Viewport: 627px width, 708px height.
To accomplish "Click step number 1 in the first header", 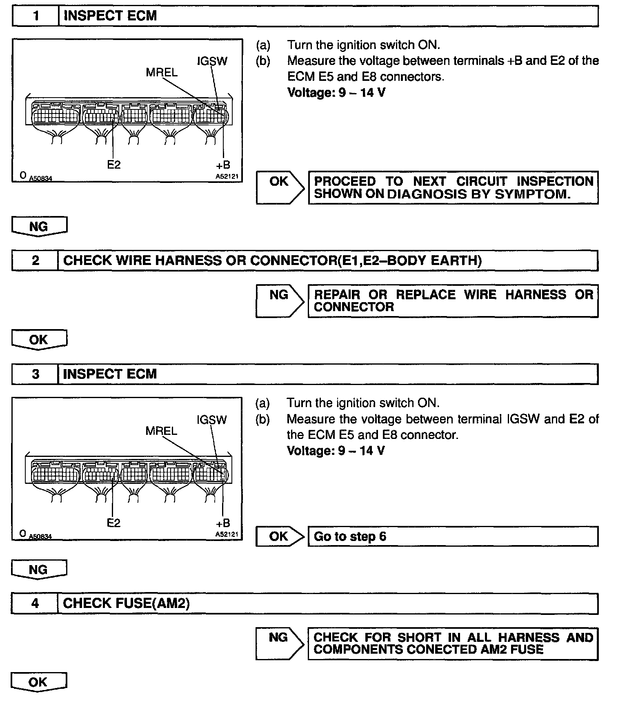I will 36,16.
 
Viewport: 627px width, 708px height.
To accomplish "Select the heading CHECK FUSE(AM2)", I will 126,603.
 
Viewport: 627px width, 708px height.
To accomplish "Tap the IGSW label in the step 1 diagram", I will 212,61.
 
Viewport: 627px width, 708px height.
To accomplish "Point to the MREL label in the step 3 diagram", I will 161,431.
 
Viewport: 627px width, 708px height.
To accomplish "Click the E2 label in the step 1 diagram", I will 114,165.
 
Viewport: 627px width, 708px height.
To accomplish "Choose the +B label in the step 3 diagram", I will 222,523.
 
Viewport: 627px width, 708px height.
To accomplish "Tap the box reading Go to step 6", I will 453,537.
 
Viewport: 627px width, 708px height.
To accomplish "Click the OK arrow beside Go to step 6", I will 279,537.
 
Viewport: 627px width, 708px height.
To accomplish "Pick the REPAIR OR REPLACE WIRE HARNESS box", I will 453,301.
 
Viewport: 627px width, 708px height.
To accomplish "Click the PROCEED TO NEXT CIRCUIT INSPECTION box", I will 453,187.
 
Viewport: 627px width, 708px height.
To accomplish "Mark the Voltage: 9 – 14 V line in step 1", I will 336,93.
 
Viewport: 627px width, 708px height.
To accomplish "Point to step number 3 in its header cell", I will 36,374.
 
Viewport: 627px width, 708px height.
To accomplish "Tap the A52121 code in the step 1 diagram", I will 227,177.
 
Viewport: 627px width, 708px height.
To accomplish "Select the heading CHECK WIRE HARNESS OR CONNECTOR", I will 272,260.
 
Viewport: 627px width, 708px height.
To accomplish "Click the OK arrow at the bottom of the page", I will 38,682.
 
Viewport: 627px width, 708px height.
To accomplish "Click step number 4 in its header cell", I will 36,603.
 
